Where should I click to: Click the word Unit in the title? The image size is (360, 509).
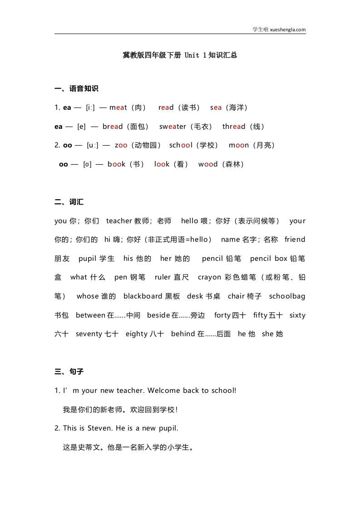[192, 55]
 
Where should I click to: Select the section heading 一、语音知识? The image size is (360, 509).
[76, 88]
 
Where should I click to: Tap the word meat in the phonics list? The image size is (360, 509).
[118, 108]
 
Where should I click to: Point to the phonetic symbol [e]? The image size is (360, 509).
[82, 127]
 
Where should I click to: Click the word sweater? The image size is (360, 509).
[173, 127]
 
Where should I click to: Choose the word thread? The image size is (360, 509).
[234, 127]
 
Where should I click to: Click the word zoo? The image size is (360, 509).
[121, 145]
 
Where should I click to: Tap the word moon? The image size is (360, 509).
[239, 145]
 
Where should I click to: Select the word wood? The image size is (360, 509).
[208, 164]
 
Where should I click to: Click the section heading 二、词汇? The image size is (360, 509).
[69, 202]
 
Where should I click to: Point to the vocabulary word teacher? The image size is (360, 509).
[119, 221]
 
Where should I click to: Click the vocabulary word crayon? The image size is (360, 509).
[210, 277]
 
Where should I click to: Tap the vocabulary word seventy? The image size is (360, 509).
[89, 334]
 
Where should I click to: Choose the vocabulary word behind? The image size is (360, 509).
[183, 334]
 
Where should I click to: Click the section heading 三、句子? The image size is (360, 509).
[69, 372]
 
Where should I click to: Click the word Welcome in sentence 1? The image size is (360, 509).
[164, 391]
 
